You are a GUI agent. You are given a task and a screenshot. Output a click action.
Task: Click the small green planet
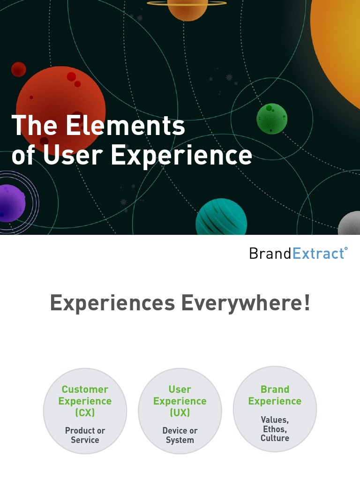coord(272,119)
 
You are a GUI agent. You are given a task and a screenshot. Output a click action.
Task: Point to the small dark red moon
coord(19,69)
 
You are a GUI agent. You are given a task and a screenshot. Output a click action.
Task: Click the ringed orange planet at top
coord(187,8)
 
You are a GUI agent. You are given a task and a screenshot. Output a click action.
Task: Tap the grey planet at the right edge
coord(350,224)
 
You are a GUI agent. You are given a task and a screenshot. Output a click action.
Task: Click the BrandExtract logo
coord(298,254)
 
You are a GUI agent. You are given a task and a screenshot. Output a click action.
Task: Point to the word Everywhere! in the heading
coord(246,303)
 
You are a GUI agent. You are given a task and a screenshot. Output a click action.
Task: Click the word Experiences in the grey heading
coord(112,303)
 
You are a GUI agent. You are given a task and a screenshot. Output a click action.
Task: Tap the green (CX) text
coord(85,413)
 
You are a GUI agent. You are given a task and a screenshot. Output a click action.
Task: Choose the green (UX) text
coord(180,413)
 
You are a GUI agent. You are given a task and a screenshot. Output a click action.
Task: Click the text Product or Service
coord(85,435)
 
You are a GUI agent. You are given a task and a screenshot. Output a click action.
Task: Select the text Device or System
coord(180,435)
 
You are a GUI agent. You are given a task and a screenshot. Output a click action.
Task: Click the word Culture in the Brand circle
coord(275,438)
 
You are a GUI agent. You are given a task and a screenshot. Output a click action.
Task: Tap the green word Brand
coord(275,390)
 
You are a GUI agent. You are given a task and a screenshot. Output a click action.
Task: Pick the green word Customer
coord(85,390)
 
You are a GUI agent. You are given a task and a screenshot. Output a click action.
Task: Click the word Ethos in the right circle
coord(274,429)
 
